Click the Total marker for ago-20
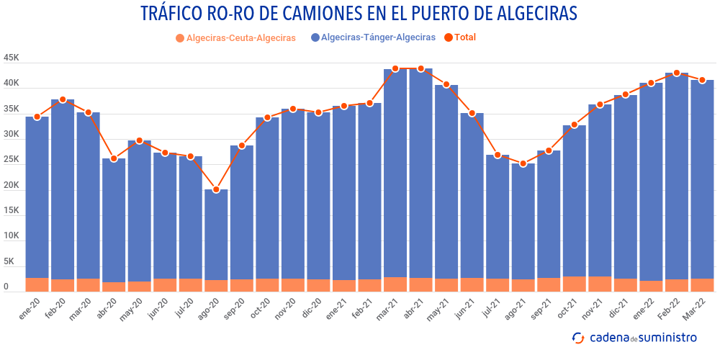216,189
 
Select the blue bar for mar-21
395,173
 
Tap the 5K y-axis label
14,261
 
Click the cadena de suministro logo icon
578,338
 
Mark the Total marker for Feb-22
677,73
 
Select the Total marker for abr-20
114,158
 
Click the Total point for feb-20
63,99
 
